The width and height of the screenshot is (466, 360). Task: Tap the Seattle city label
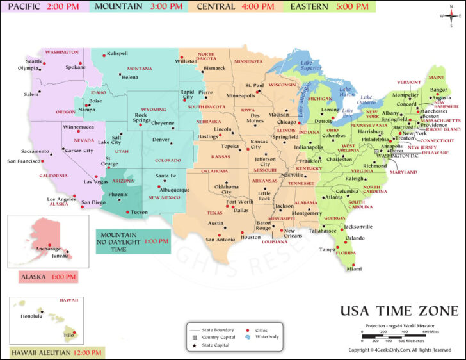point(34,61)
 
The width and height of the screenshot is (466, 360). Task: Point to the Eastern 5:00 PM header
point(330,6)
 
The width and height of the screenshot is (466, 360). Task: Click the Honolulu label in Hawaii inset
point(31,316)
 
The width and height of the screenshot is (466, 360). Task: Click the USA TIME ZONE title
point(399,311)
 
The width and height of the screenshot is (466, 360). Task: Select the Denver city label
point(161,140)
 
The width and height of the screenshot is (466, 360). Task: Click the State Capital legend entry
point(214,346)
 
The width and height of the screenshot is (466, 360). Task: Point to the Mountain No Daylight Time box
point(133,241)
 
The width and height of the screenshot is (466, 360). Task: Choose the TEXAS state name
point(214,213)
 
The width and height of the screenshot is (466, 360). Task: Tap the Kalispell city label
point(118,53)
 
